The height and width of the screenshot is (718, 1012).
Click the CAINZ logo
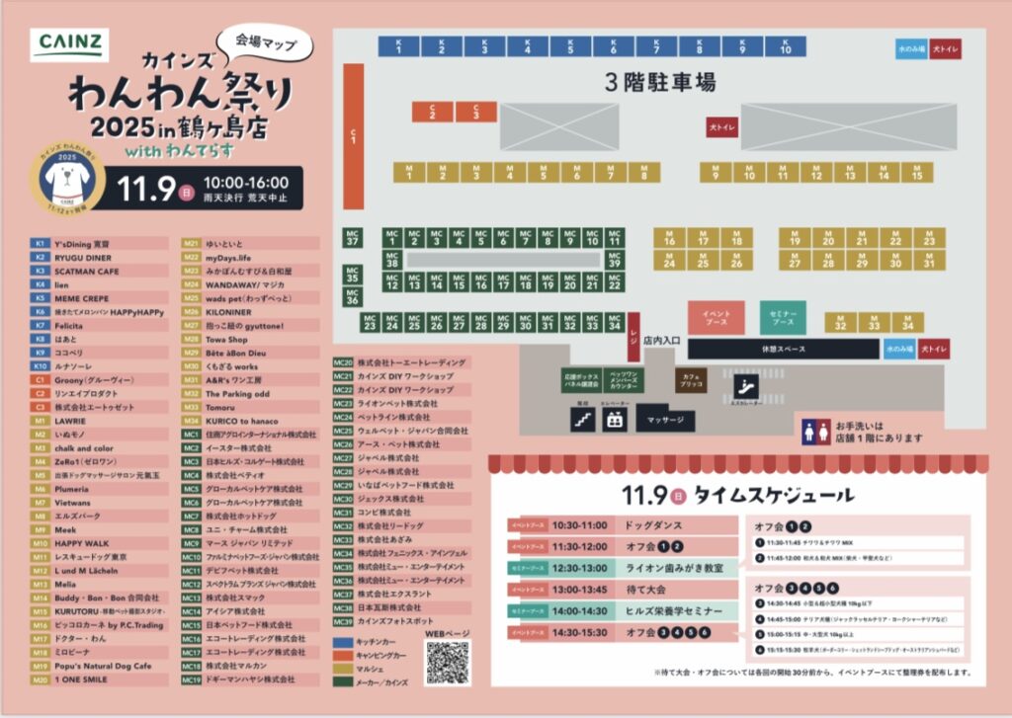click(x=69, y=43)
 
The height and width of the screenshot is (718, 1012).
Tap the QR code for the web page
click(x=448, y=661)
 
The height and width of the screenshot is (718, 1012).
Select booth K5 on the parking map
click(x=570, y=46)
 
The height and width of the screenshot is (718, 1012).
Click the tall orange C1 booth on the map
click(x=353, y=134)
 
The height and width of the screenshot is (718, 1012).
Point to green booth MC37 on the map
click(x=353, y=237)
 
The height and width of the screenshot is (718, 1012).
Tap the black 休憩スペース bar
click(x=783, y=350)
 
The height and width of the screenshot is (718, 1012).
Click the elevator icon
click(x=614, y=420)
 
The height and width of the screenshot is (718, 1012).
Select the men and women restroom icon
click(x=817, y=430)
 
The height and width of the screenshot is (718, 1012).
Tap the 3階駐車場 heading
click(x=659, y=82)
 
